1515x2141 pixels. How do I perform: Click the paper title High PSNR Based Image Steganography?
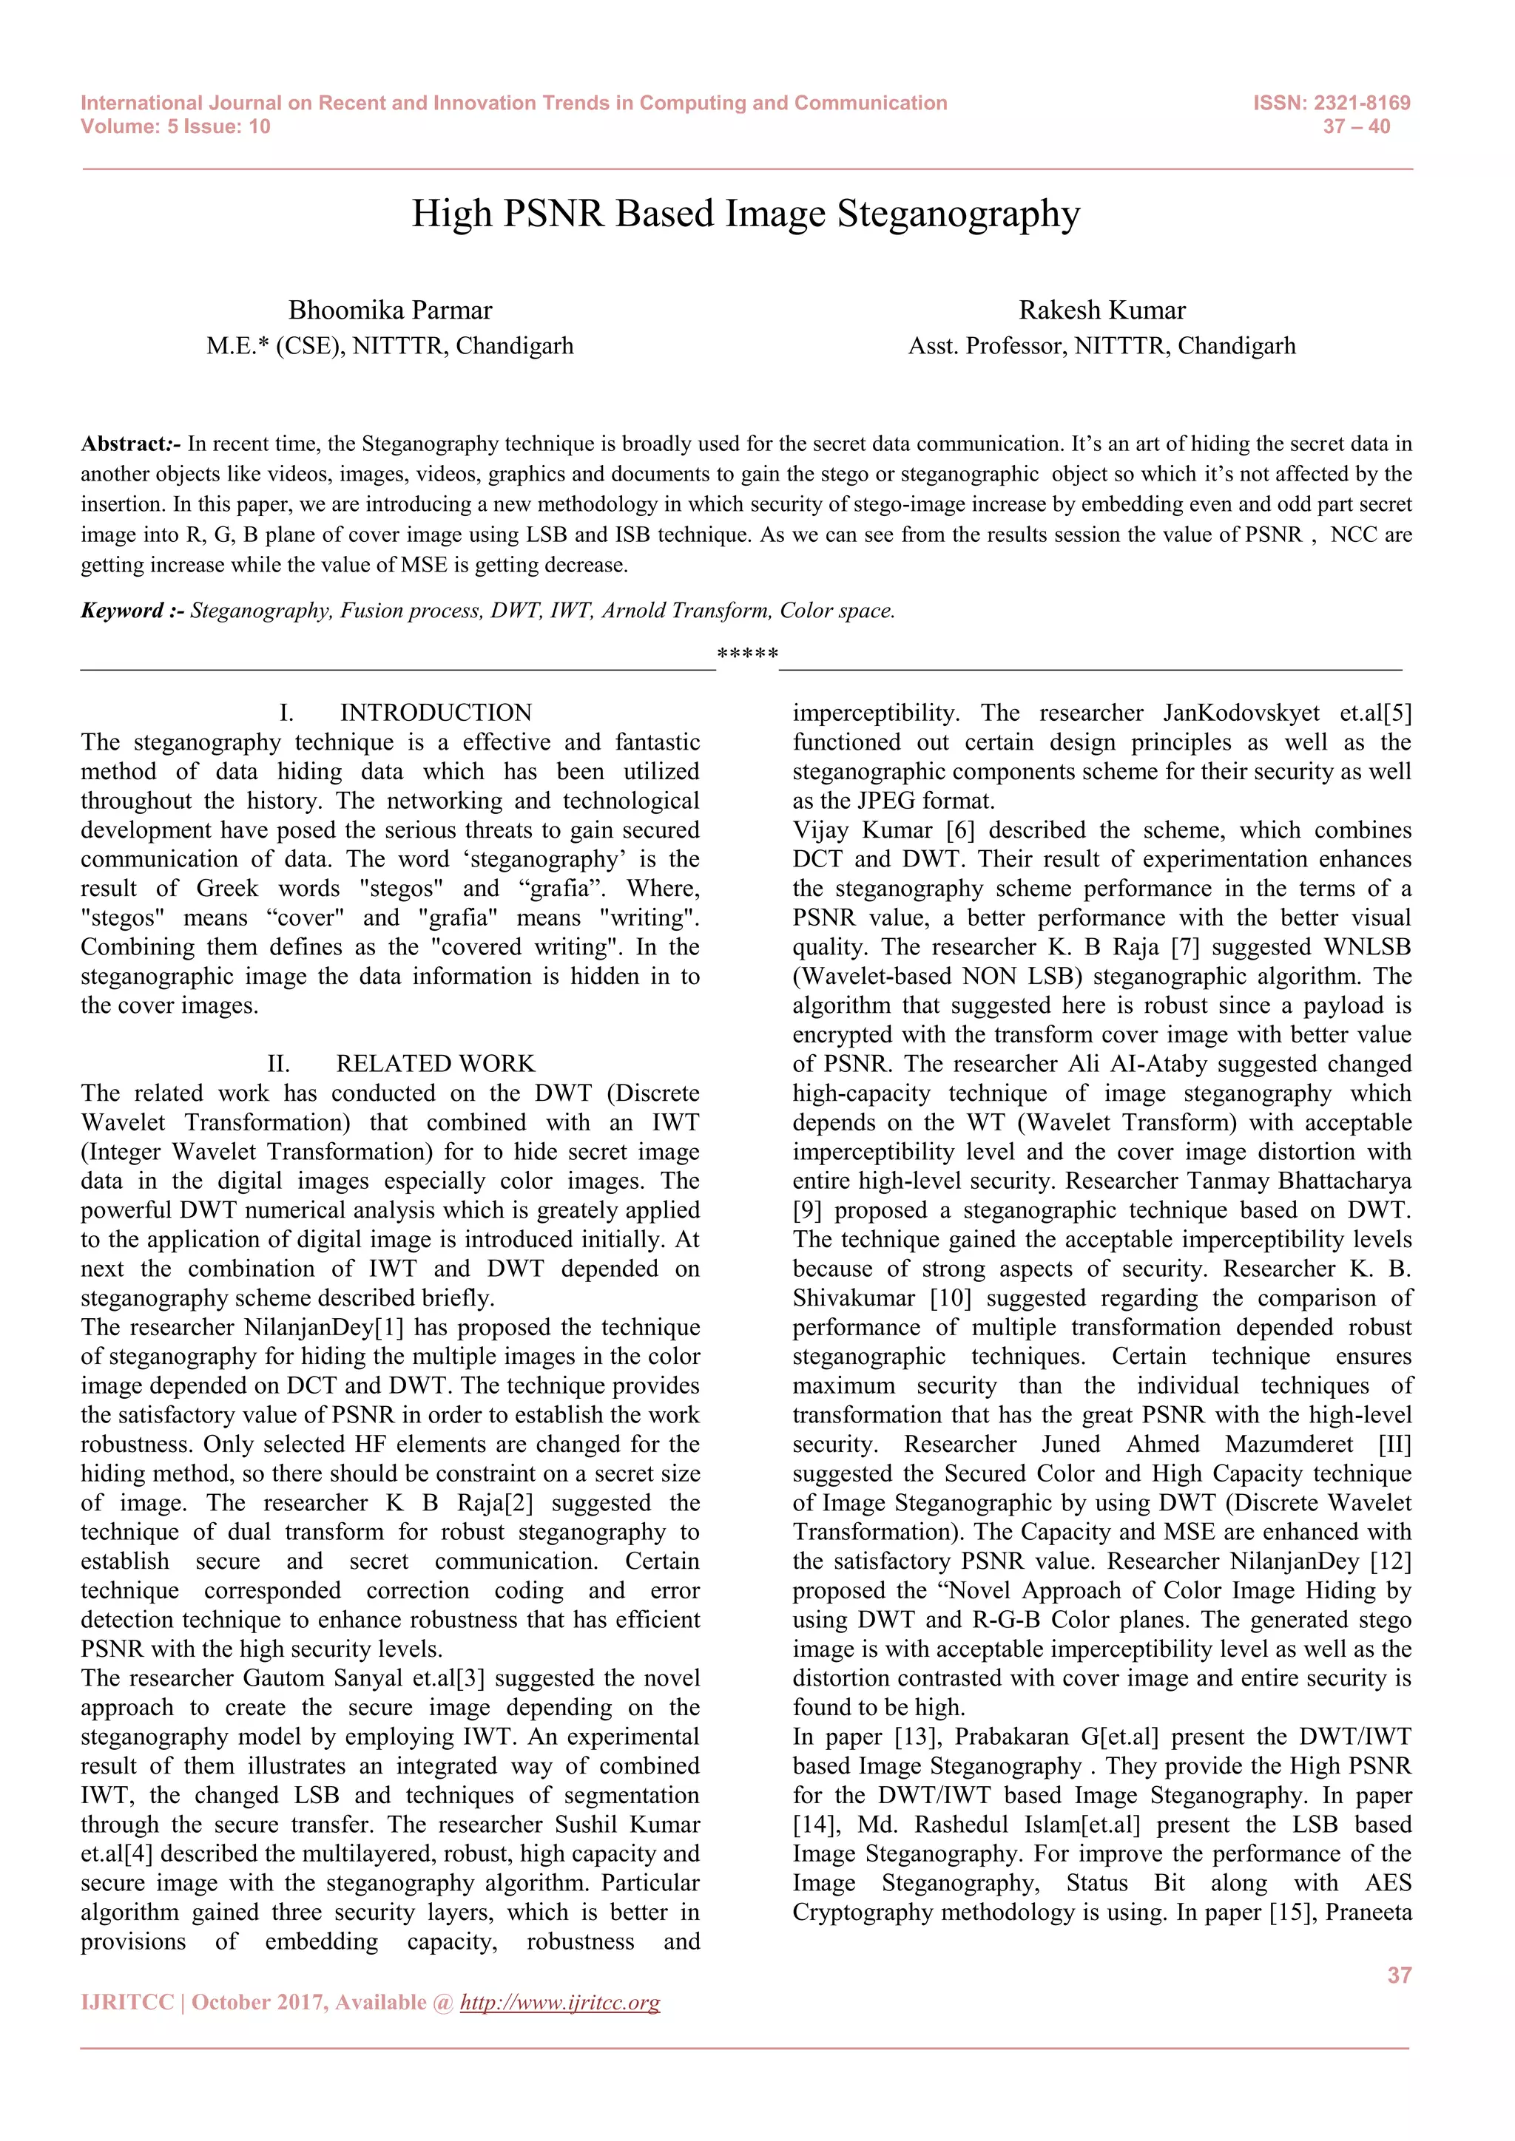point(746,214)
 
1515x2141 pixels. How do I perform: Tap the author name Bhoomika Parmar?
point(390,310)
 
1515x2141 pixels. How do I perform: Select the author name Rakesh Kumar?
point(1101,310)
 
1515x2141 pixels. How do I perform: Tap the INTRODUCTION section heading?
point(435,713)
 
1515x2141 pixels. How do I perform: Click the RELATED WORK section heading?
point(435,1063)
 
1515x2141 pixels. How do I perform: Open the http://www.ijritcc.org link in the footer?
point(560,2002)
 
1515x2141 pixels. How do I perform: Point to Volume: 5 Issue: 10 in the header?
point(175,127)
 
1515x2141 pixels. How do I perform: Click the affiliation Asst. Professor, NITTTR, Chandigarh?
point(1101,346)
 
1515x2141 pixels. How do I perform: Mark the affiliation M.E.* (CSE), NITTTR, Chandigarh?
point(390,346)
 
